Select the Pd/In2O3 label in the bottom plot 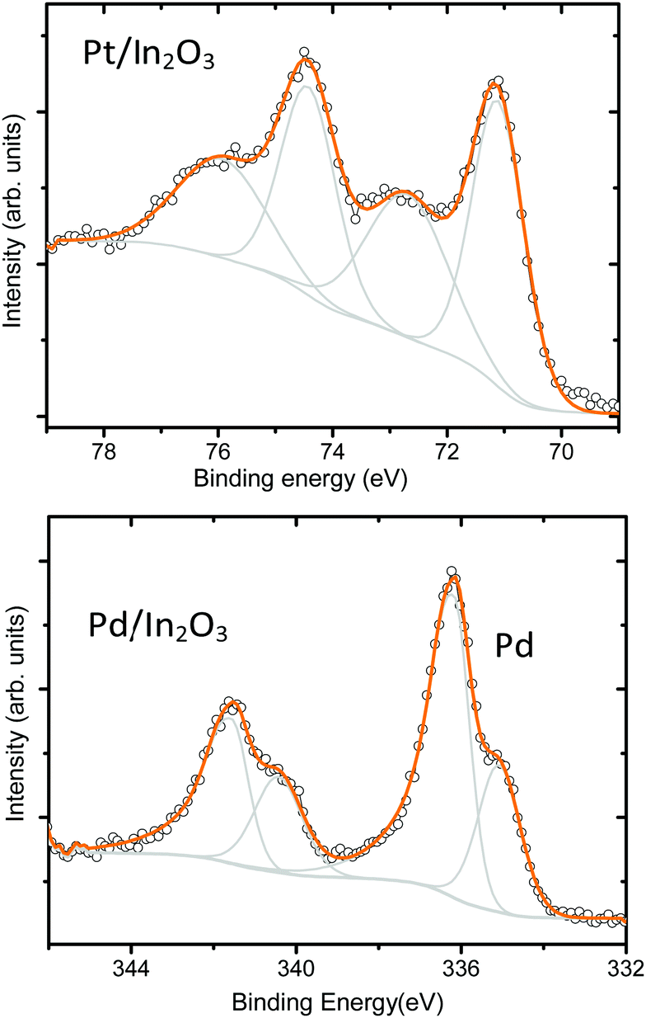pos(157,630)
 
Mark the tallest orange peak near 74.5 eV pos(307,59)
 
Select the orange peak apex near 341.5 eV pos(233,703)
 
